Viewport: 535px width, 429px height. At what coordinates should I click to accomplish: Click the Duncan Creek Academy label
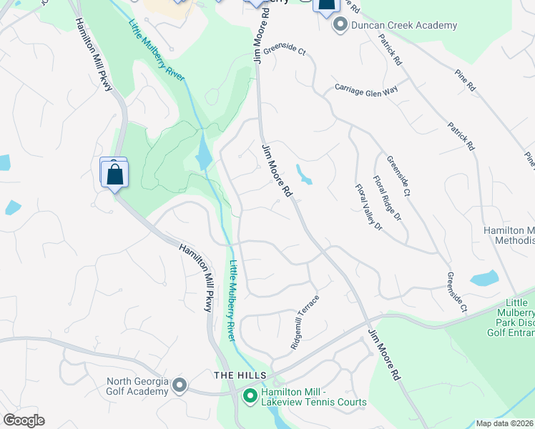(404, 26)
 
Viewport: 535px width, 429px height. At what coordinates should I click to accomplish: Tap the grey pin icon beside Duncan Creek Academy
(340, 26)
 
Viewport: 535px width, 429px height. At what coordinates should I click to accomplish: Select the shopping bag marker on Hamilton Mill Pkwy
(114, 173)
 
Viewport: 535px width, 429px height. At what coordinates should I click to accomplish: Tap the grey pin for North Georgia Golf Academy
(179, 386)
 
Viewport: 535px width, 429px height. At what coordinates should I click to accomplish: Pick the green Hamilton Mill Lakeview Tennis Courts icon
(250, 395)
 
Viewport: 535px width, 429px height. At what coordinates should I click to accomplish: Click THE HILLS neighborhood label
(240, 375)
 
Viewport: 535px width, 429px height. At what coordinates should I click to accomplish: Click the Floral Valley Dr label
(369, 207)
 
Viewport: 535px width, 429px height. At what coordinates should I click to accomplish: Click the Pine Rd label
(464, 79)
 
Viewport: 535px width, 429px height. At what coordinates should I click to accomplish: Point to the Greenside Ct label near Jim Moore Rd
(284, 51)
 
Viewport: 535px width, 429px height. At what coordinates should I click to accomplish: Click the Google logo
(24, 420)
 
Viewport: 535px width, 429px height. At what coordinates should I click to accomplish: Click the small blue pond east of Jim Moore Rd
(304, 175)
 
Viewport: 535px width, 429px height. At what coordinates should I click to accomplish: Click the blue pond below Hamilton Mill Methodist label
(485, 278)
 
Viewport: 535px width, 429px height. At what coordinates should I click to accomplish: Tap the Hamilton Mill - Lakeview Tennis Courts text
(313, 397)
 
